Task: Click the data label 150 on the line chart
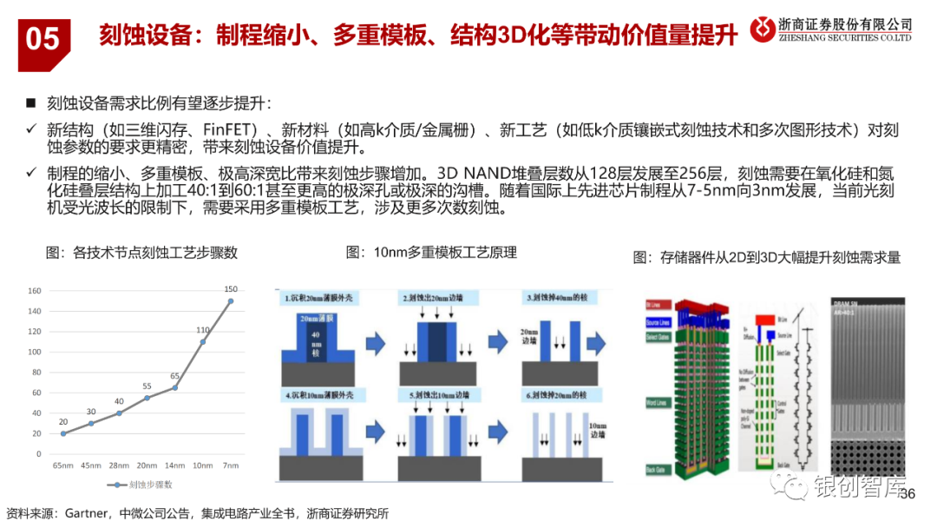[231, 289]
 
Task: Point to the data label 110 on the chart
[203, 330]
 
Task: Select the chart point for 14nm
[175, 387]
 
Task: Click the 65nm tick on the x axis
[62, 466]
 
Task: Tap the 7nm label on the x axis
[231, 466]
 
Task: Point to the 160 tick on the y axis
[34, 290]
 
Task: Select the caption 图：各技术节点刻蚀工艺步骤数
[141, 254]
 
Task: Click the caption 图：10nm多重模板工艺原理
[431, 253]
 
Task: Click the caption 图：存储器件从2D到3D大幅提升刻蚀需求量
[767, 257]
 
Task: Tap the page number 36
[908, 494]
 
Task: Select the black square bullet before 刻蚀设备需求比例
[31, 103]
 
